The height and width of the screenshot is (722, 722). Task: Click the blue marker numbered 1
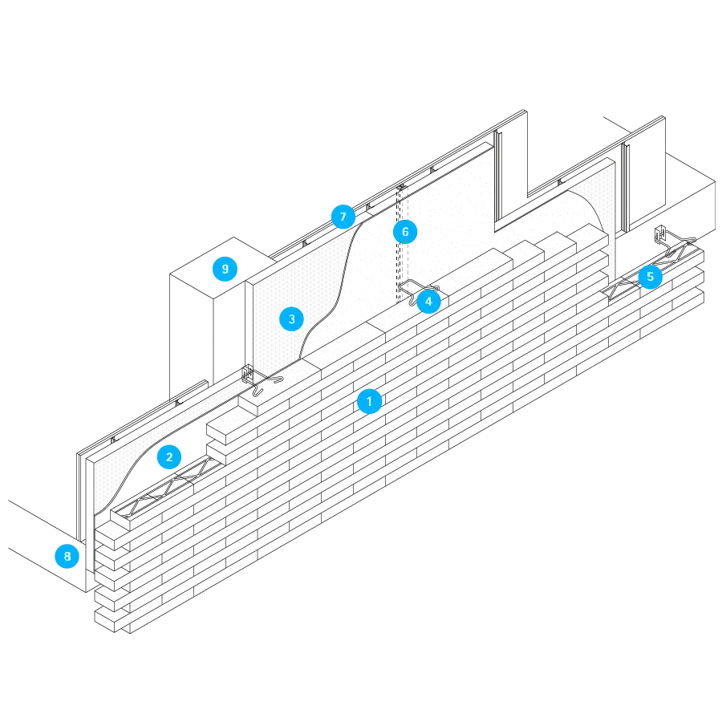point(369,401)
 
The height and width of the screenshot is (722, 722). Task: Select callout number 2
point(169,457)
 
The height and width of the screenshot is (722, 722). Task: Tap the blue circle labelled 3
point(291,319)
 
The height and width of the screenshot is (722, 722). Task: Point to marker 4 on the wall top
point(429,302)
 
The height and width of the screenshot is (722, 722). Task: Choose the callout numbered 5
point(650,278)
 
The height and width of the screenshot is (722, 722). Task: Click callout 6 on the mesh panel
point(405,232)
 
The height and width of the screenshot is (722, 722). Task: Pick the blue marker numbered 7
point(343,217)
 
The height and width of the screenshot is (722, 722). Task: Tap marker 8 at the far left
point(67,556)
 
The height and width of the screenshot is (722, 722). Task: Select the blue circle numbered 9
point(225,269)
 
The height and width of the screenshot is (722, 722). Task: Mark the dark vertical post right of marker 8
point(79,497)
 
